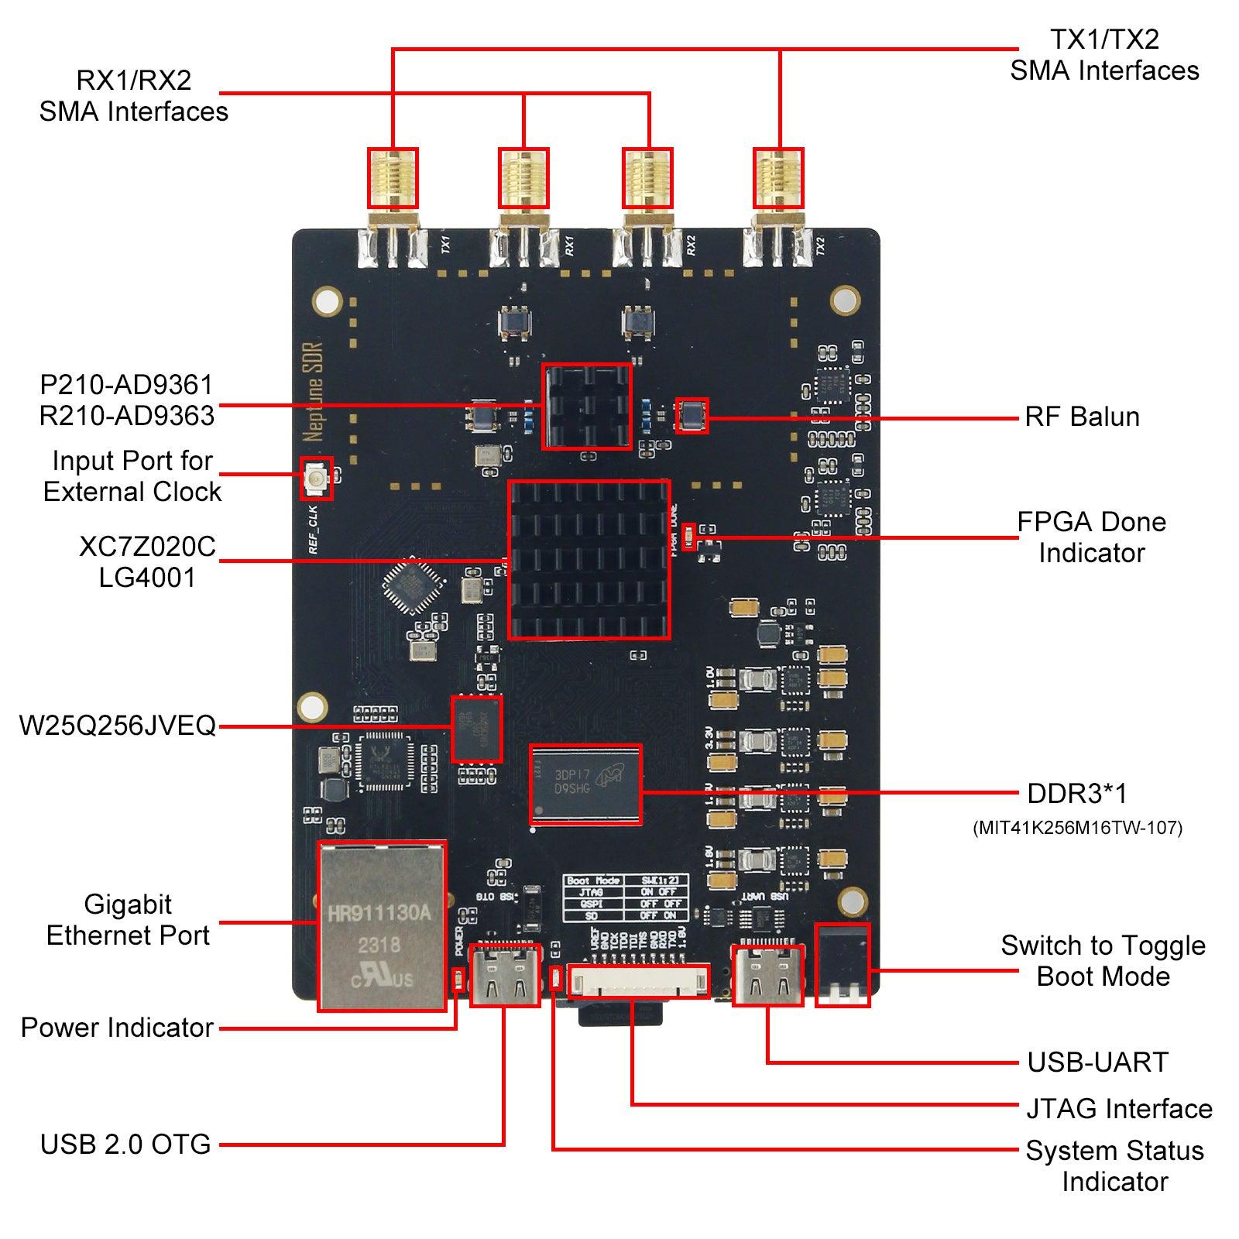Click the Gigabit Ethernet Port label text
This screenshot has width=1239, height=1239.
[x=128, y=920]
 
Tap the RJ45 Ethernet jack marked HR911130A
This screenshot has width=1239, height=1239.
[x=382, y=926]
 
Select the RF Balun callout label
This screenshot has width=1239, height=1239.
[x=1082, y=417]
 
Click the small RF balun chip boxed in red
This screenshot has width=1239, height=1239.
[x=691, y=415]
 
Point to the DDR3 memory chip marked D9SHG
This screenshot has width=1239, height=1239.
[x=586, y=784]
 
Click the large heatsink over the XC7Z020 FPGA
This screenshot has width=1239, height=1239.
[x=589, y=559]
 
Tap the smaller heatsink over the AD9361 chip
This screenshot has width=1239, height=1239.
[x=587, y=407]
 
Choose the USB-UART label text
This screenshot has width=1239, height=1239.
[x=1097, y=1062]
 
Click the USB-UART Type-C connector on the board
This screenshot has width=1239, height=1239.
[x=767, y=975]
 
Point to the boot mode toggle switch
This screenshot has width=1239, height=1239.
[x=843, y=965]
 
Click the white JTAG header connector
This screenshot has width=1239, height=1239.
[x=639, y=982]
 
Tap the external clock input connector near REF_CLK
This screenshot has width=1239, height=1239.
[x=317, y=478]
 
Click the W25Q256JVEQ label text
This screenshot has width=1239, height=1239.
[x=118, y=726]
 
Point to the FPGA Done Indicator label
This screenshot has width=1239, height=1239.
[x=1091, y=537]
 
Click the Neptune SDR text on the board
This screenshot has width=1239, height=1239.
[x=313, y=391]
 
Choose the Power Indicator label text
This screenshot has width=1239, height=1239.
[x=117, y=1028]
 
